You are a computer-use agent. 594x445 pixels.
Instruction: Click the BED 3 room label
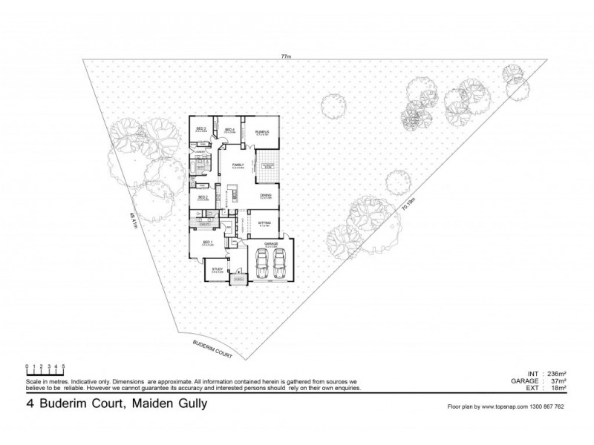coord(200,128)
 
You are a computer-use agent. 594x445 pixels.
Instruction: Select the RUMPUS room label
coord(262,133)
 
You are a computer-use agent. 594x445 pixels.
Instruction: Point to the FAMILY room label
coord(238,164)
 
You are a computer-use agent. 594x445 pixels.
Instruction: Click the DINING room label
coord(265,195)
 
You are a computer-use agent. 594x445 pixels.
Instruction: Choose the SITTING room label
coord(264,222)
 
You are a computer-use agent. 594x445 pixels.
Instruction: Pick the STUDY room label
coord(217,269)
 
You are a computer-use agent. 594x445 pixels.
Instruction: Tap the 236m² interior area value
coord(555,375)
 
